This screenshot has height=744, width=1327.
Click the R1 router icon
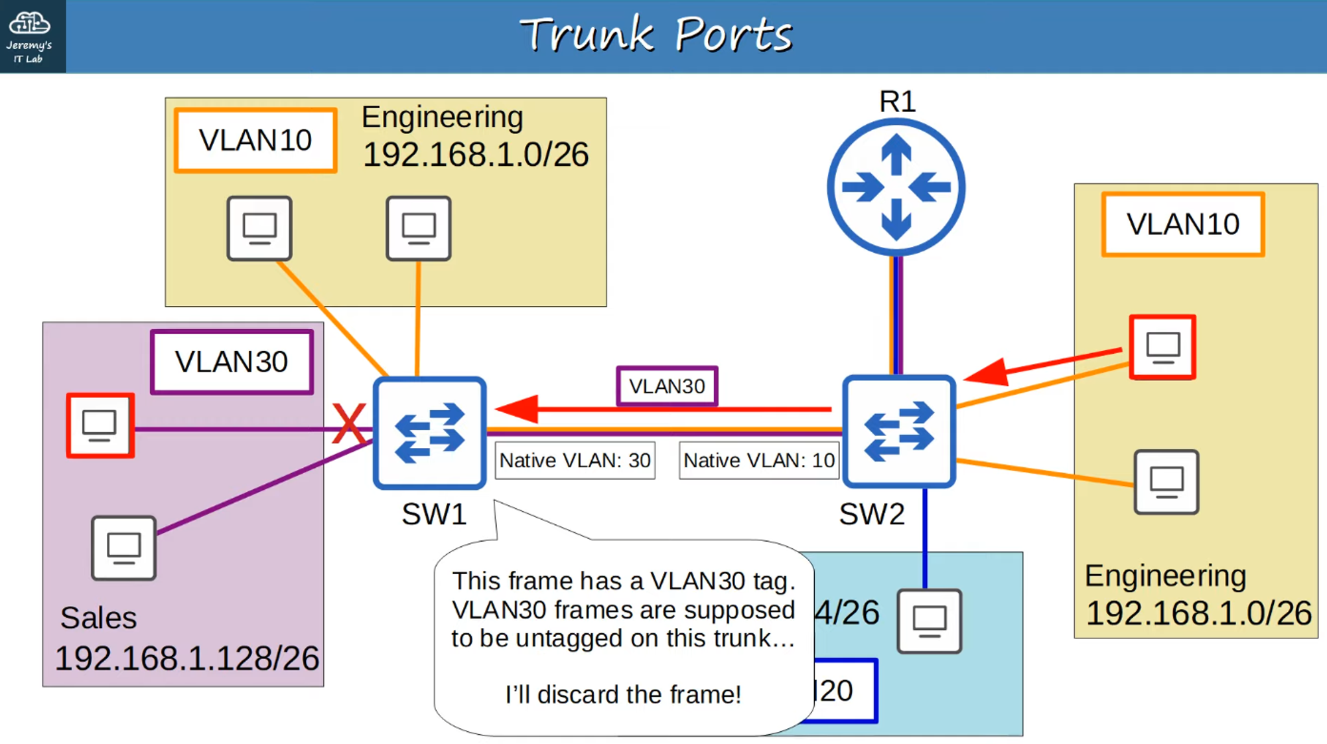[896, 187]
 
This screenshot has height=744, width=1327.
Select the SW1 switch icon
[430, 433]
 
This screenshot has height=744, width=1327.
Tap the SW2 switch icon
[899, 431]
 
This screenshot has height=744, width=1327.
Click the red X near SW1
[349, 424]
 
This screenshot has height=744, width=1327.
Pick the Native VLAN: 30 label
[575, 461]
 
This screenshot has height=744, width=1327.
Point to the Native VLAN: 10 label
[759, 461]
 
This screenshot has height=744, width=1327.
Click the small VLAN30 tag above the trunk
[667, 386]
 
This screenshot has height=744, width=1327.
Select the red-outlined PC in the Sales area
[100, 425]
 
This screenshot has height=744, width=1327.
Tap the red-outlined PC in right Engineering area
[1163, 347]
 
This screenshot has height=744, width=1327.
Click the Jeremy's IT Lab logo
[30, 36]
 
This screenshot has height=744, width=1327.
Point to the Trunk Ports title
[656, 35]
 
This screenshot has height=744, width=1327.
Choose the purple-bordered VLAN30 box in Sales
[232, 362]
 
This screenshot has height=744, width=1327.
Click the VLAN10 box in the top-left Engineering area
[255, 141]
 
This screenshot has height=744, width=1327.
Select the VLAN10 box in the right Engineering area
[1183, 224]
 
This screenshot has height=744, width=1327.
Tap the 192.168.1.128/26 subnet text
[186, 658]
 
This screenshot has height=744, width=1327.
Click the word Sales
[98, 618]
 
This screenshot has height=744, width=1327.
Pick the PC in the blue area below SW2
[929, 621]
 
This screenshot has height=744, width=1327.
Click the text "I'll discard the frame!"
[623, 694]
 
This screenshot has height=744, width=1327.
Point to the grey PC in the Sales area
[124, 548]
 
